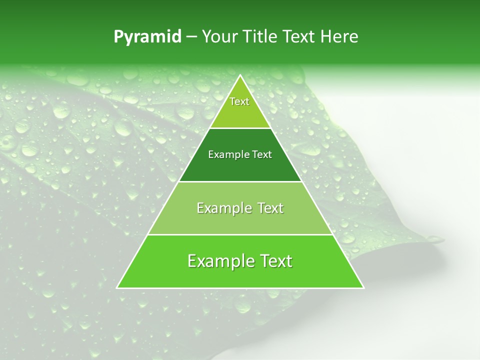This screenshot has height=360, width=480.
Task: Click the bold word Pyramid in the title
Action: [147, 37]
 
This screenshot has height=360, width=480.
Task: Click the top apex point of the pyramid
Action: [240, 75]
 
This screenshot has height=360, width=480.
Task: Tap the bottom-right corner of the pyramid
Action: [363, 287]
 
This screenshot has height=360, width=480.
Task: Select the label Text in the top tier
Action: [239, 102]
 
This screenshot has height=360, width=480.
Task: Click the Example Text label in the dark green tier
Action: [240, 155]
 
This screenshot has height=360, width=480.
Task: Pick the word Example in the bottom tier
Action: [218, 261]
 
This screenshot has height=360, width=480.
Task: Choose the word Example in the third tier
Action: [222, 208]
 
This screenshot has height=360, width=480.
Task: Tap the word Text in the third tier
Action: [270, 208]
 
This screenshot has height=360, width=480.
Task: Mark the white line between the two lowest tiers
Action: [240, 234]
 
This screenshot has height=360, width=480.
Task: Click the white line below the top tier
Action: [240, 128]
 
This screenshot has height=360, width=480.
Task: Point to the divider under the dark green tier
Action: [240, 181]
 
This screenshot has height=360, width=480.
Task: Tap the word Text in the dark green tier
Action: [262, 155]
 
